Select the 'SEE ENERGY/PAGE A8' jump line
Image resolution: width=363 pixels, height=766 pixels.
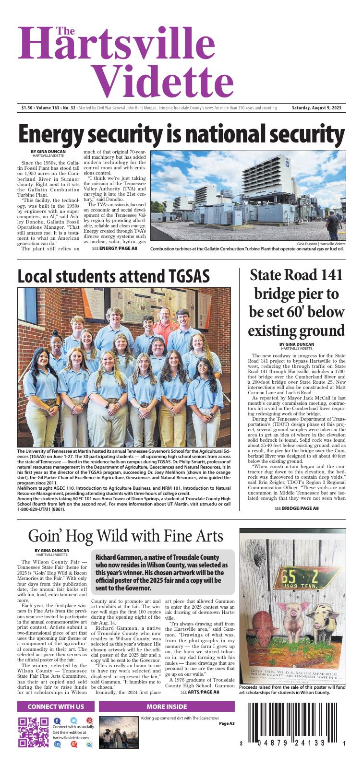pyautogui.click(x=114, y=248)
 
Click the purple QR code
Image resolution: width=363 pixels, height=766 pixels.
pyautogui.click(x=33, y=732)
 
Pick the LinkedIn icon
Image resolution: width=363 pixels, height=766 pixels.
pyautogui.click(x=58, y=744)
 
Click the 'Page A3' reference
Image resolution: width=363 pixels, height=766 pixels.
pyautogui.click(x=227, y=723)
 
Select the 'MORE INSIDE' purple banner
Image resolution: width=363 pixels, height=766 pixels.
pyautogui.click(x=167, y=707)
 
